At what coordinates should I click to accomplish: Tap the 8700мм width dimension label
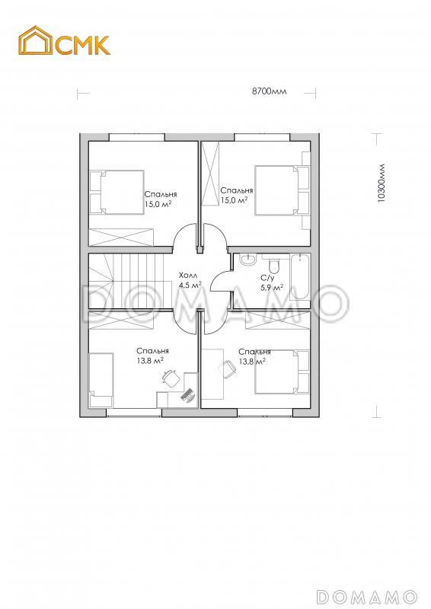[270, 91]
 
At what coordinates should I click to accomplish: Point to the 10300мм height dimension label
[382, 183]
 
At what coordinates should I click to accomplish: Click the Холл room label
[188, 276]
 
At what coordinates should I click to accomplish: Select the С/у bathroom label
[267, 278]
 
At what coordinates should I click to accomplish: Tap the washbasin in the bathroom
[247, 260]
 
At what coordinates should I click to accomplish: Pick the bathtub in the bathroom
[299, 276]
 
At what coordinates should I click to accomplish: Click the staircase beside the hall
[130, 279]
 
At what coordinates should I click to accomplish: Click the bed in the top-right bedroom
[283, 190]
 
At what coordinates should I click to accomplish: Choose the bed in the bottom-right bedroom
[283, 371]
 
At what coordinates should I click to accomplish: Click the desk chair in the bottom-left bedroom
[171, 377]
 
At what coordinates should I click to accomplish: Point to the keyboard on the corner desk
[188, 394]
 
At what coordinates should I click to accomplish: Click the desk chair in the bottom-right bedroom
[228, 368]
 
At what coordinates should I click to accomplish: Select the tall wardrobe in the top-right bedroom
[210, 174]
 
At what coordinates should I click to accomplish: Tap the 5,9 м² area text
[272, 288]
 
